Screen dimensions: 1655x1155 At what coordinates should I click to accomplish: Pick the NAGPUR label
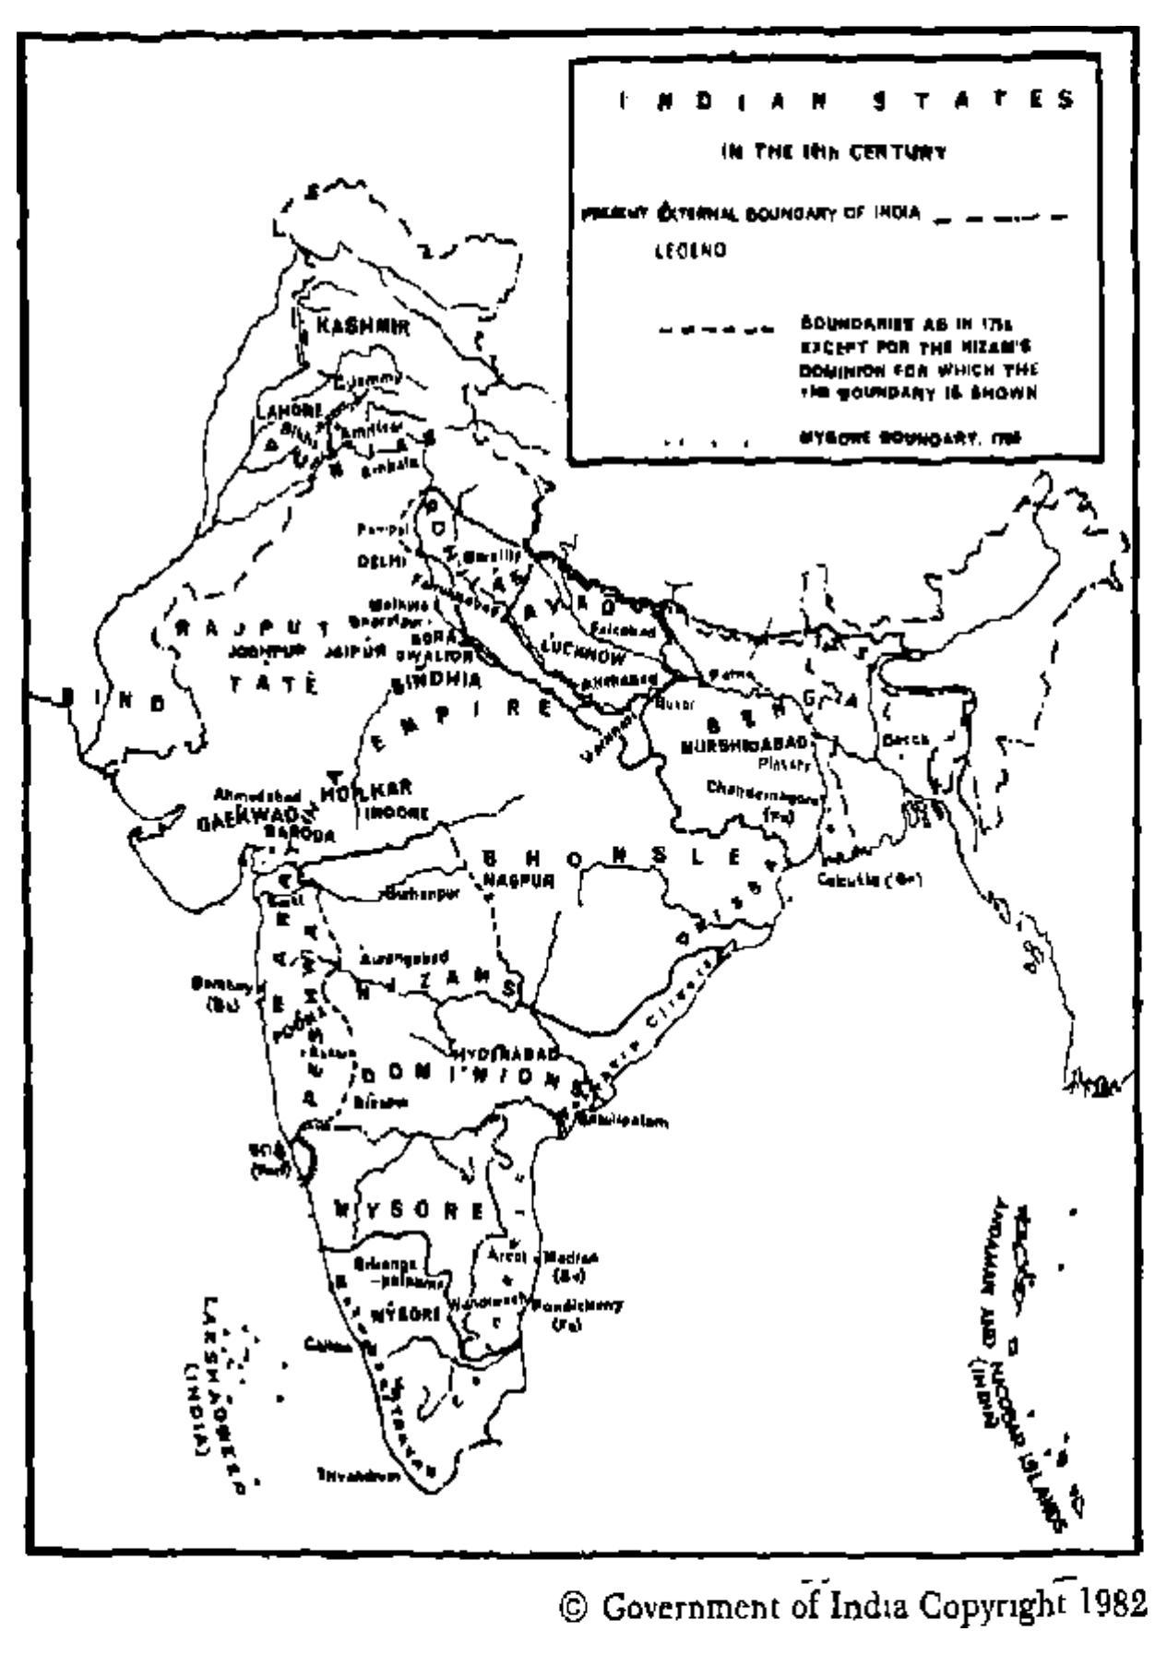(x=518, y=880)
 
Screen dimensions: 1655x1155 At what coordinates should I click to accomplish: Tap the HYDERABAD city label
(x=506, y=1053)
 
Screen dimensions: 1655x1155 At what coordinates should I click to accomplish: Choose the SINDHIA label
(x=436, y=681)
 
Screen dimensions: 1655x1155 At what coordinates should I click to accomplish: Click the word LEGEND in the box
(x=690, y=251)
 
